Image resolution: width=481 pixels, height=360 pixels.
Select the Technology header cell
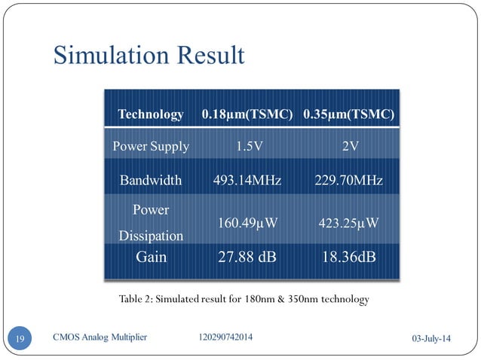151,114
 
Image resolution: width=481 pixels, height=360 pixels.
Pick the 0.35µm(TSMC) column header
349,114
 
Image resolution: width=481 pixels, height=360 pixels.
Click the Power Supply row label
151,146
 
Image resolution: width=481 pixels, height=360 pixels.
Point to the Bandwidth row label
151,181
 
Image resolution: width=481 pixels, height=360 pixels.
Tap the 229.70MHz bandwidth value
348,181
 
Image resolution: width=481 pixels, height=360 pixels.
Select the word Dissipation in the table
151,236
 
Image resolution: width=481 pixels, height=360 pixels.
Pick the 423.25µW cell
348,223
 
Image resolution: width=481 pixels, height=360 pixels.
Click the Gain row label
151,257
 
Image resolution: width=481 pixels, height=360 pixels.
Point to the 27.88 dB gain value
247,257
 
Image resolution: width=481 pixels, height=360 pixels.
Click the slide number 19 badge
20,338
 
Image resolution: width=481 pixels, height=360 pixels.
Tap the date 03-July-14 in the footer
426,340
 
